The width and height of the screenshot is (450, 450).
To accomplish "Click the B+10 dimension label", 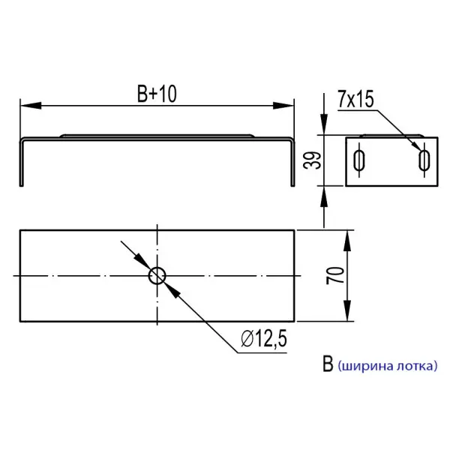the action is (x=157, y=94).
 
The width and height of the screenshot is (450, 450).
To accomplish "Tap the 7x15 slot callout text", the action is (x=355, y=99).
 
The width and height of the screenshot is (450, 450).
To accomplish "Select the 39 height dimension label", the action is (x=312, y=160).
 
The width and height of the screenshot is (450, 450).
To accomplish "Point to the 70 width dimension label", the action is (x=335, y=275).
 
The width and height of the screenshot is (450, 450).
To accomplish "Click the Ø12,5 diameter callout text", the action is (x=264, y=339).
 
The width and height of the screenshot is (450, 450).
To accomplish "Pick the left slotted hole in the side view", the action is (x=358, y=160).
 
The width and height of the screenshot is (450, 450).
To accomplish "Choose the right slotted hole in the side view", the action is (x=424, y=160).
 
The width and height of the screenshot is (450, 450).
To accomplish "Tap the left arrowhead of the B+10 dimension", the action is (x=31, y=105).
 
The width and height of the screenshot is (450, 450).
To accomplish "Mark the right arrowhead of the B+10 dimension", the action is (x=283, y=105).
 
